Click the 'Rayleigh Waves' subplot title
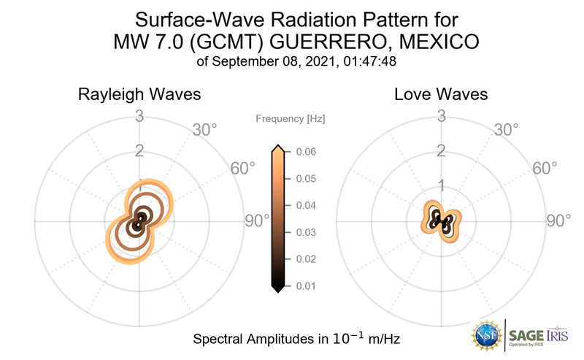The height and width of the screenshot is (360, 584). (x=140, y=95)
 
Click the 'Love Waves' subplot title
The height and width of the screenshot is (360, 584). (x=441, y=95)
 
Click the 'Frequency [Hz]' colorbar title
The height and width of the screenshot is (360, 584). (x=291, y=118)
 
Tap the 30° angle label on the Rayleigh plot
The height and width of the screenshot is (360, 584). (x=204, y=130)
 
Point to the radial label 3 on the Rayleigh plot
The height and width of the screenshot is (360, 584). (x=139, y=115)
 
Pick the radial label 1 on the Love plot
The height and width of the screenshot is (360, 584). (x=441, y=185)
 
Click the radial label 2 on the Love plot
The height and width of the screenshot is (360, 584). (x=441, y=151)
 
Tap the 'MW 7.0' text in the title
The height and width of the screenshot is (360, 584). (x=152, y=42)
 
